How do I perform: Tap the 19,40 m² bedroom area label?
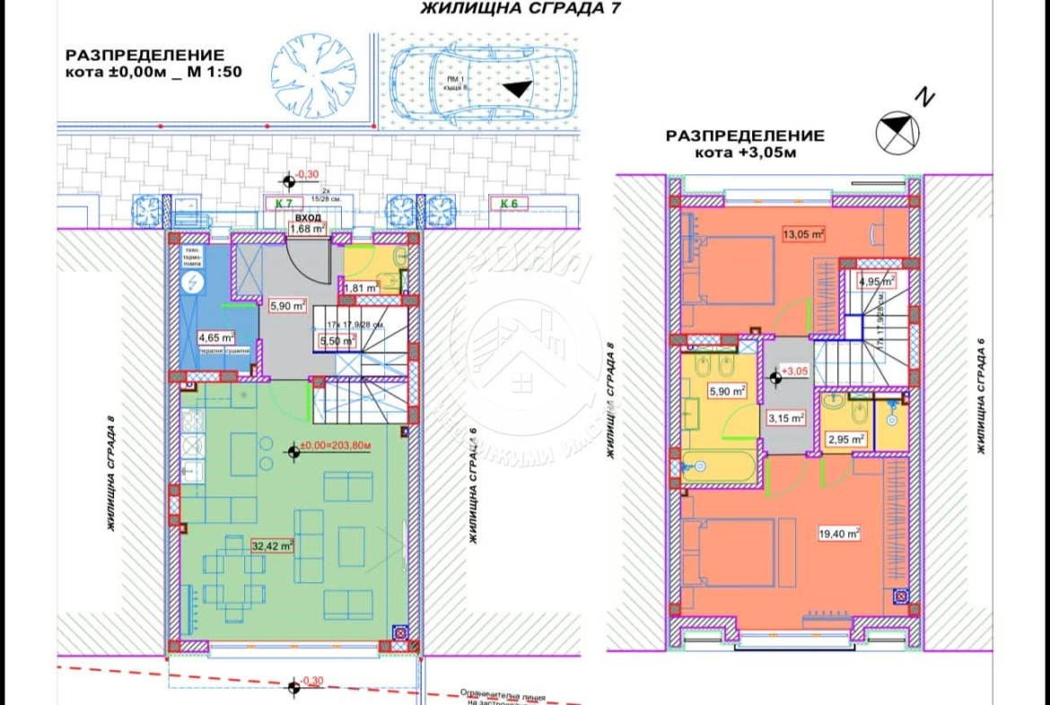(x=839, y=533)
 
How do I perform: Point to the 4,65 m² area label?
(x=215, y=339)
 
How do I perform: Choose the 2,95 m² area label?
(x=844, y=439)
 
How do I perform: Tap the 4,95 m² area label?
(x=876, y=281)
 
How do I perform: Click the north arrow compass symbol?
(x=897, y=131)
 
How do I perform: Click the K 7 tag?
(x=284, y=204)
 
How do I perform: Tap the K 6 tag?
(x=509, y=204)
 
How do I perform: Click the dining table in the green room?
(x=233, y=579)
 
